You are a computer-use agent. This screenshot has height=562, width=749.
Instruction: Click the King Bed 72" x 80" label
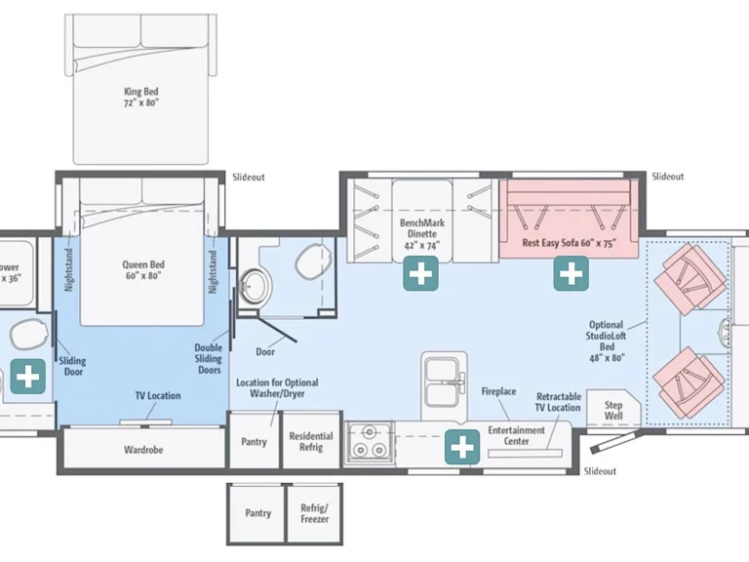[x=140, y=97]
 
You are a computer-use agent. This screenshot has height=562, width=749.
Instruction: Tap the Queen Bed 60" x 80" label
[x=142, y=270]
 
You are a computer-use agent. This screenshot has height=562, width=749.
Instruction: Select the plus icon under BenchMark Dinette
[x=421, y=273]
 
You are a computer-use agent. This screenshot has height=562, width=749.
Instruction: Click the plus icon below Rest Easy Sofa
[x=571, y=273]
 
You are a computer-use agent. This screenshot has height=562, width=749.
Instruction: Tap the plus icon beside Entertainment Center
[x=462, y=447]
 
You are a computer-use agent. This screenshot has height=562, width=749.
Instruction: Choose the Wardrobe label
[x=143, y=450]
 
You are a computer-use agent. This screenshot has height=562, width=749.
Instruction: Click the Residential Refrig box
[x=311, y=440]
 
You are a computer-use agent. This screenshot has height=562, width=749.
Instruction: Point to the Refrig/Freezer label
[x=314, y=513]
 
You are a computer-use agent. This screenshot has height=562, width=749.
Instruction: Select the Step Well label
[x=613, y=410]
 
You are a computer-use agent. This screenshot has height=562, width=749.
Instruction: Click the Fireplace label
[x=498, y=391]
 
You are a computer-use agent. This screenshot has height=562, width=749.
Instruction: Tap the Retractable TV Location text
[x=558, y=402]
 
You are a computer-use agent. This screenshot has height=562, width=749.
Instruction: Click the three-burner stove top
[x=369, y=444]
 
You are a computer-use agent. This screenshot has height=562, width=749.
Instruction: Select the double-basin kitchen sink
[x=445, y=385]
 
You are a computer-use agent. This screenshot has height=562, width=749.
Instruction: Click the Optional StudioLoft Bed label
[x=607, y=341]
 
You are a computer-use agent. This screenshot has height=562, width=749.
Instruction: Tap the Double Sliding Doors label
[x=209, y=358]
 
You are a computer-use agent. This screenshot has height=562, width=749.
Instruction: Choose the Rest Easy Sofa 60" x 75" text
[x=569, y=243]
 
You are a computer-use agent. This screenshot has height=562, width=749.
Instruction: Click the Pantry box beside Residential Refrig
[x=255, y=440]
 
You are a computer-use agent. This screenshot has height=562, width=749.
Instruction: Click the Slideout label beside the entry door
[x=600, y=471]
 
